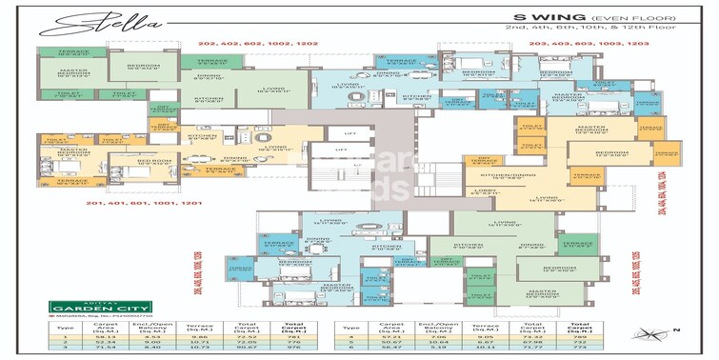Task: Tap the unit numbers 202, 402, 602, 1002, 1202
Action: [256, 43]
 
